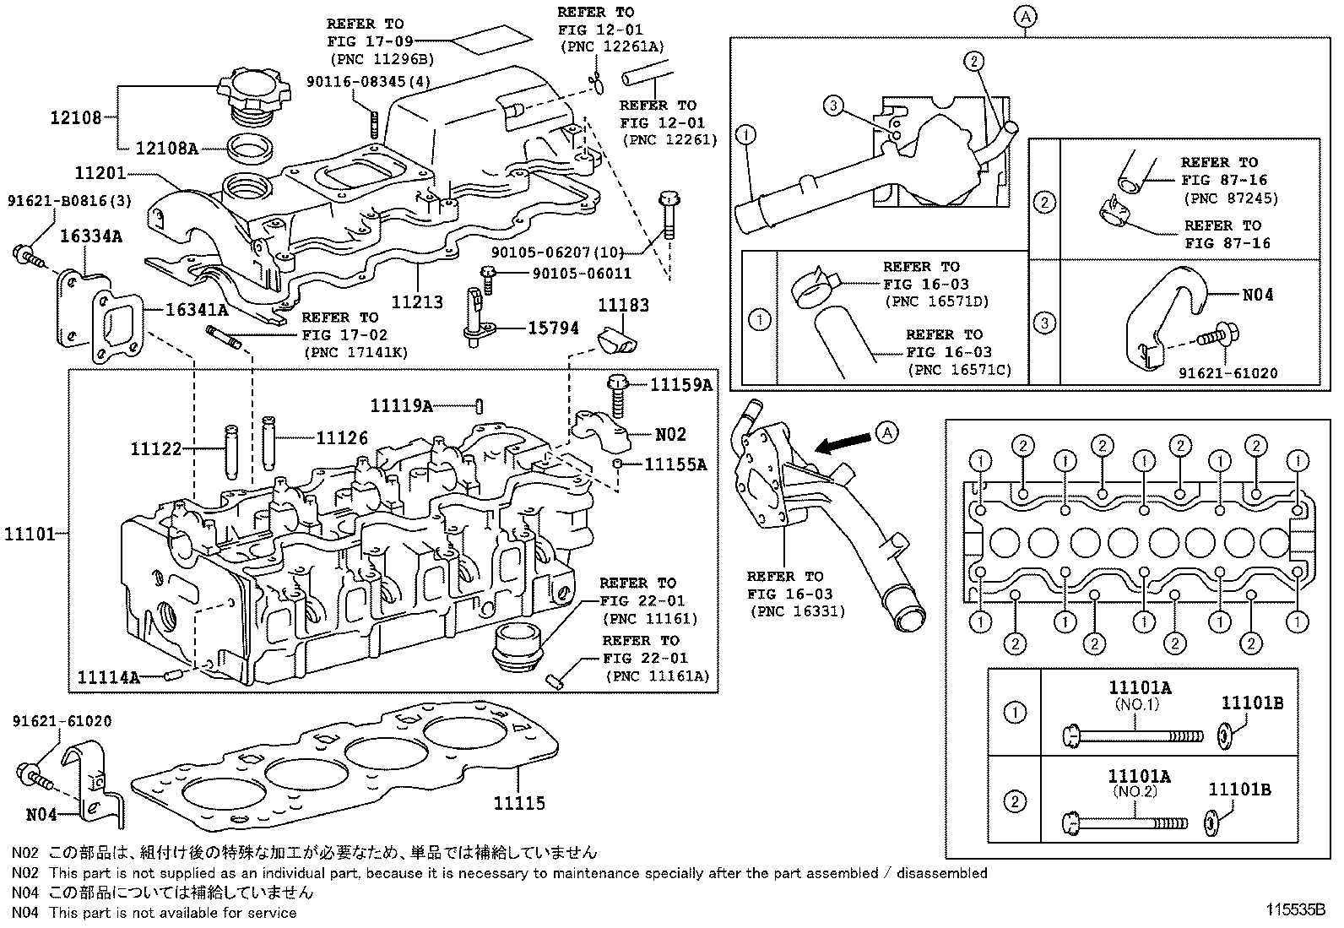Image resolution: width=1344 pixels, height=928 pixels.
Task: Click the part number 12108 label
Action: point(75,117)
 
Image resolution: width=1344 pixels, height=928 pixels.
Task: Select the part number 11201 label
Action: point(100,173)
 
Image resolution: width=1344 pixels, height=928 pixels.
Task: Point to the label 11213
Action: point(417,301)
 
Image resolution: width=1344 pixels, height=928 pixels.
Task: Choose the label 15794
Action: point(553,328)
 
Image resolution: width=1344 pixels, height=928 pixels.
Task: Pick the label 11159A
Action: point(680,385)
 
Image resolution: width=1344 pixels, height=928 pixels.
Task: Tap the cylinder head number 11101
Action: point(30,534)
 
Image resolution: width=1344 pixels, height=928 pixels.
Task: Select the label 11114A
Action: point(108,676)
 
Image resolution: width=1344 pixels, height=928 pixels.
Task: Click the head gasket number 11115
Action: point(519,803)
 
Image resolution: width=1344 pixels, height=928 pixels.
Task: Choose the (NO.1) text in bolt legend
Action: point(1135,703)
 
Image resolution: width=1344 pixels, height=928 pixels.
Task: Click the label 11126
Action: point(342,437)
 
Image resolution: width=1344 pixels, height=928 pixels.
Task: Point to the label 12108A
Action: point(167,149)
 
